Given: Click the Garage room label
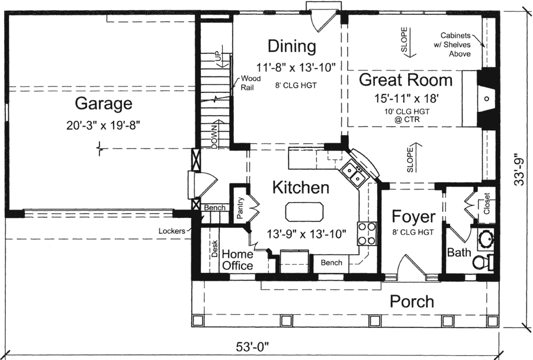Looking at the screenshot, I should [103, 105].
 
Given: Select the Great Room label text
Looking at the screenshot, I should [406, 80].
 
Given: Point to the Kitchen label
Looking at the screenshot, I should [300, 188].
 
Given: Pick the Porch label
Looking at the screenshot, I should [412, 301].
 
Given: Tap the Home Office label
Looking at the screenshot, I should [237, 260].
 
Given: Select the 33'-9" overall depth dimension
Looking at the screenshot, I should [519, 171].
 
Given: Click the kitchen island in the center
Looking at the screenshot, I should [305, 211].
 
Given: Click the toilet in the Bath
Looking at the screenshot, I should [487, 262].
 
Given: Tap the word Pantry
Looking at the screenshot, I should [241, 209].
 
